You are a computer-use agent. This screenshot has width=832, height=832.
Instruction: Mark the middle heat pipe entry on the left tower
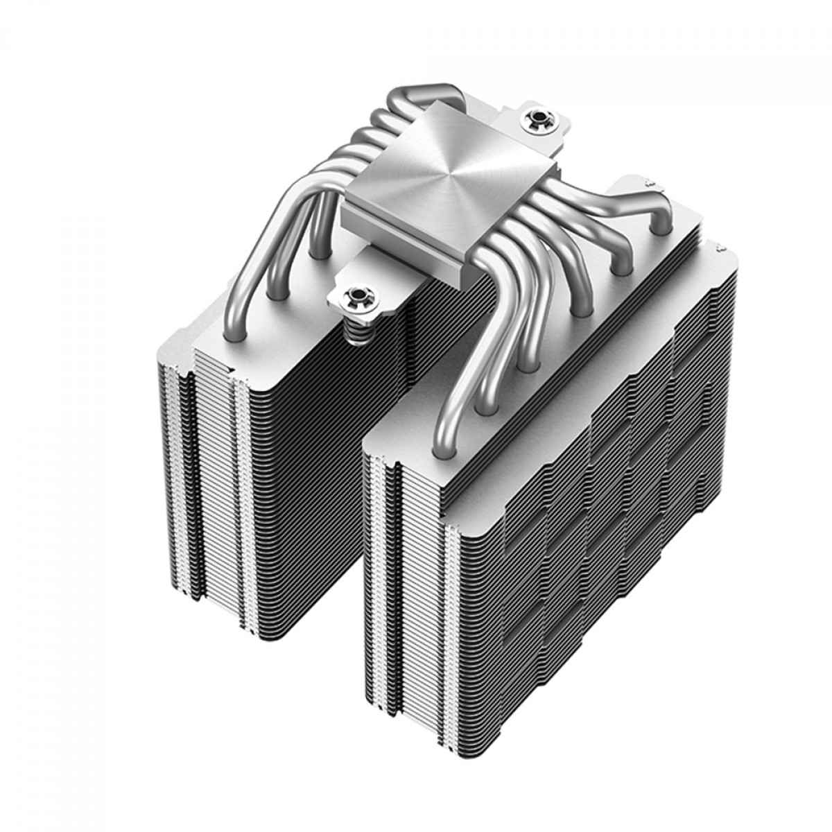[x=277, y=294]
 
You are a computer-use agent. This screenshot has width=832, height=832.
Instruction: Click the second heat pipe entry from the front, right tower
[x=486, y=409]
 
